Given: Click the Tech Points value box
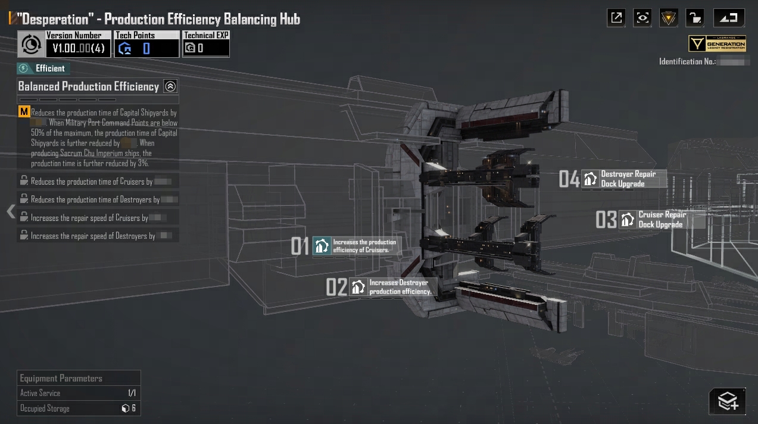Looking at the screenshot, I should point(146,48).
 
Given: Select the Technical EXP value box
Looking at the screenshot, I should point(206,48).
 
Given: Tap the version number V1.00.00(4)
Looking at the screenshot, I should point(78,48).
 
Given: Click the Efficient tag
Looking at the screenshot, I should point(44,68).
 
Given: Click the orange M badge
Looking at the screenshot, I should point(24,112).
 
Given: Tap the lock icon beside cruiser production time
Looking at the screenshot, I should point(24,181).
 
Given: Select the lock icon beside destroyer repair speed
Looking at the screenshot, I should point(24,235).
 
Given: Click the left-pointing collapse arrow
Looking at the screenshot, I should point(10,211).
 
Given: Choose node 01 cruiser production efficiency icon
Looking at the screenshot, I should point(322,246).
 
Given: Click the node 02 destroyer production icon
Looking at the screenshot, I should point(358,287).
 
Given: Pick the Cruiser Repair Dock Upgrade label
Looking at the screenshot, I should point(660,220).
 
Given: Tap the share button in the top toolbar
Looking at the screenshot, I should point(616,18).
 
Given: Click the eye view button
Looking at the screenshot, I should point(642,18).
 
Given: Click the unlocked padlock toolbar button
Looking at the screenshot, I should point(694,18).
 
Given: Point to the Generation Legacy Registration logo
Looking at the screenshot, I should point(718,44).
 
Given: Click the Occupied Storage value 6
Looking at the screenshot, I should point(129,409).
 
